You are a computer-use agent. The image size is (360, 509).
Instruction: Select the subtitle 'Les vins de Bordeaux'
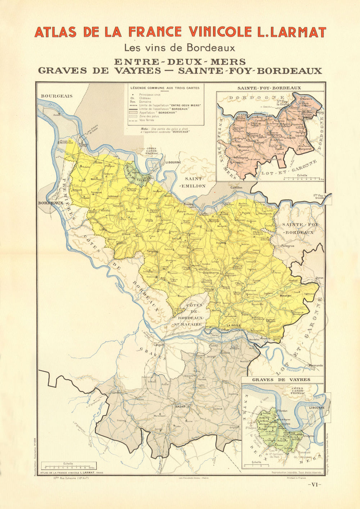coord(179,48)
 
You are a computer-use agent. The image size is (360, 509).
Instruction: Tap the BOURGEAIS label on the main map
coord(57,96)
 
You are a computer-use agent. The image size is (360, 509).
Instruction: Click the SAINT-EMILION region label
coord(195,182)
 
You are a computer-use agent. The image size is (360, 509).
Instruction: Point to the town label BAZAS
coord(180,406)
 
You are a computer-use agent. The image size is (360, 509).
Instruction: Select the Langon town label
coord(158,344)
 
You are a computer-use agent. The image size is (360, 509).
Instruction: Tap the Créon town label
coord(126,234)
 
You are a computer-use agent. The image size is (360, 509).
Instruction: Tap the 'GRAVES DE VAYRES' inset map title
coord(281,380)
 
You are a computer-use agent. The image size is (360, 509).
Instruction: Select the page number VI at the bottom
coord(314,485)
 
